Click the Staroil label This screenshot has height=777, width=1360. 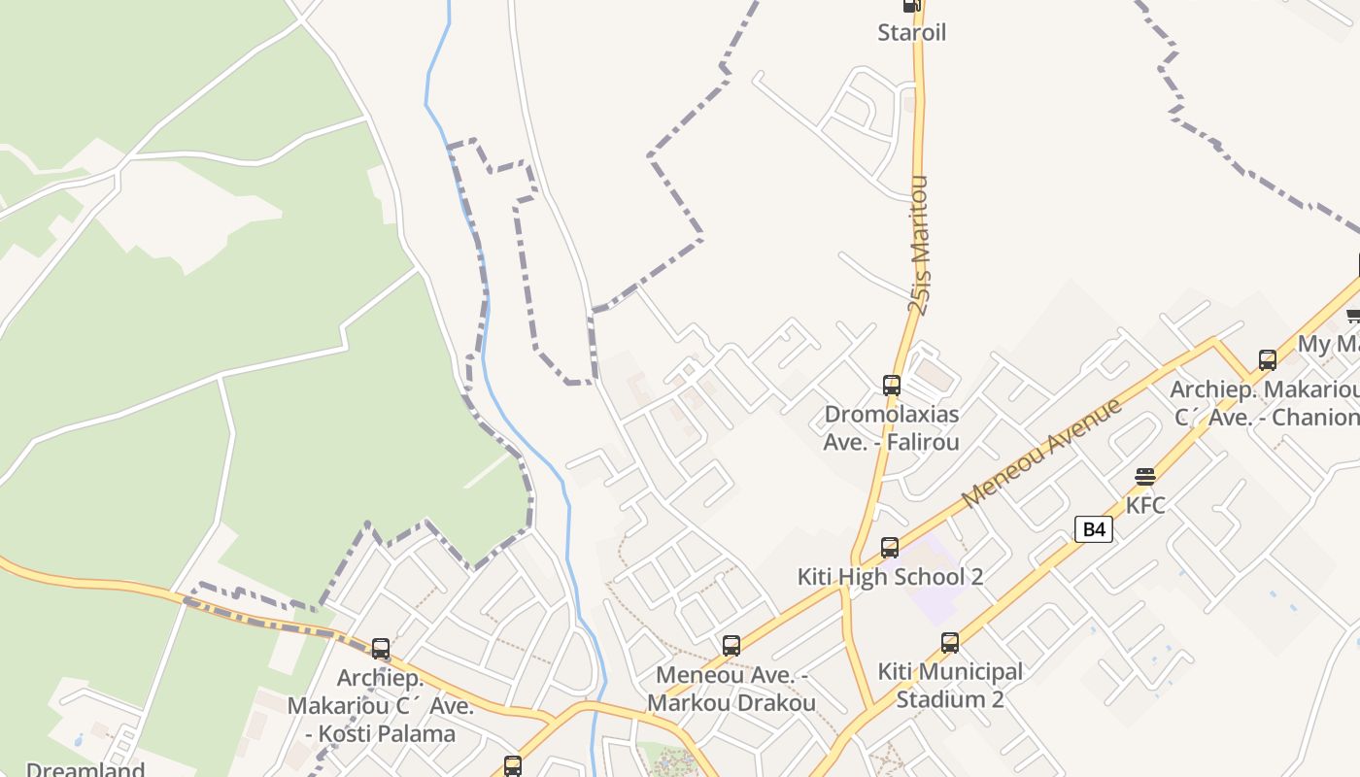(x=911, y=32)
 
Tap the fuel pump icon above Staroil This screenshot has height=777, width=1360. (x=911, y=5)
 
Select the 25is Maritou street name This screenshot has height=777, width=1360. (x=919, y=245)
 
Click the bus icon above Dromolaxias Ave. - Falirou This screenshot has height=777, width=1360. (x=892, y=385)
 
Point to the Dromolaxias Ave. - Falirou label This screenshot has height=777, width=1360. (x=891, y=428)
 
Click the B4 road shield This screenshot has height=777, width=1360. (x=1094, y=529)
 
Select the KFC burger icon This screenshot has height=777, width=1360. (x=1145, y=477)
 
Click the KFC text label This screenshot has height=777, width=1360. (x=1145, y=505)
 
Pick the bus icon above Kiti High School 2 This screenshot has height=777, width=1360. (x=890, y=548)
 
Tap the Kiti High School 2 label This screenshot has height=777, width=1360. (x=890, y=576)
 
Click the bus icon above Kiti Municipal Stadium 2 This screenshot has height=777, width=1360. (x=950, y=643)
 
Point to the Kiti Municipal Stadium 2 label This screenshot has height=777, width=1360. (x=950, y=685)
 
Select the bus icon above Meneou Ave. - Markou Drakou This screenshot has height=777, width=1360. (x=731, y=646)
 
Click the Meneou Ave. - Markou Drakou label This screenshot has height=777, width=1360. (x=731, y=689)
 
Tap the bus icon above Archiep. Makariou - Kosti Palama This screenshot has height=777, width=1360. (x=381, y=649)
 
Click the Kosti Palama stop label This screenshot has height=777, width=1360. (x=381, y=706)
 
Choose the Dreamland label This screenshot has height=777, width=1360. (x=85, y=769)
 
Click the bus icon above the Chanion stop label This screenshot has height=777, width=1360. (x=1268, y=360)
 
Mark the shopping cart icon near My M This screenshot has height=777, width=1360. (x=1353, y=315)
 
